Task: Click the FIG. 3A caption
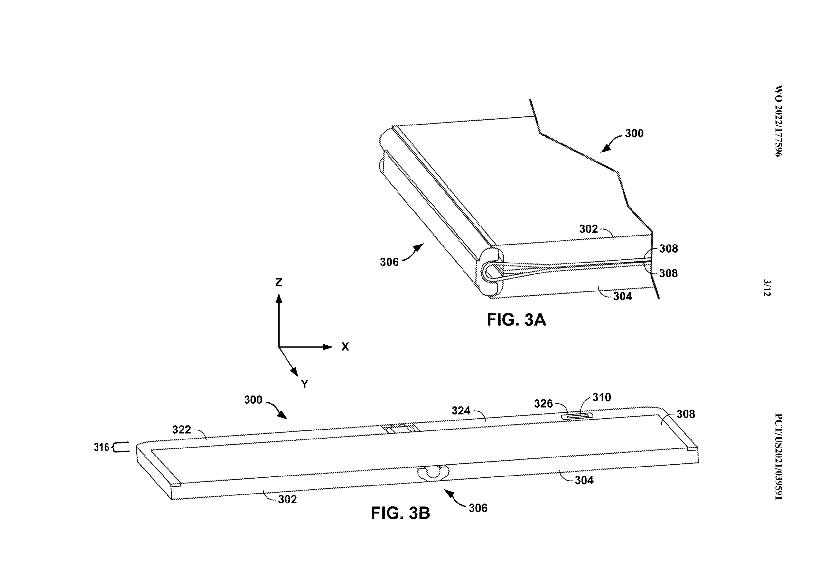click(x=516, y=319)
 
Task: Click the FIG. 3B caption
click(x=400, y=513)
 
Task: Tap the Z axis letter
click(x=279, y=282)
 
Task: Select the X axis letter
click(x=345, y=346)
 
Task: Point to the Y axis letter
click(x=305, y=384)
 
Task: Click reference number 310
click(x=602, y=397)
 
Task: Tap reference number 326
click(x=543, y=404)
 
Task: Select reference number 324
click(x=461, y=411)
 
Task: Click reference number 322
click(x=182, y=430)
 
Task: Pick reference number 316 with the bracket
click(x=111, y=447)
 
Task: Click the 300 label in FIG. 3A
click(x=634, y=134)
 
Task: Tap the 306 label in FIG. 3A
click(x=389, y=262)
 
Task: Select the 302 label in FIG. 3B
click(x=287, y=499)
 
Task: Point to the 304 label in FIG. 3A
click(x=623, y=296)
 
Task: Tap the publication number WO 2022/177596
click(x=778, y=121)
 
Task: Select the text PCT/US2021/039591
click(x=778, y=457)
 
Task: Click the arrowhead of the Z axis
click(x=279, y=299)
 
